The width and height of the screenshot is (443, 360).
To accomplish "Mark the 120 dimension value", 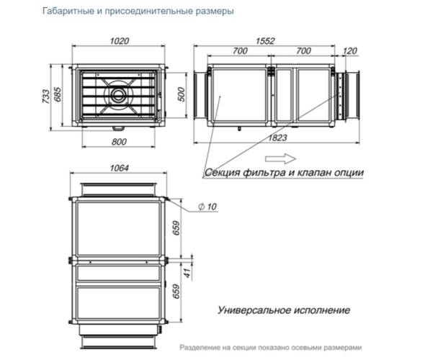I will [351, 52].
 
